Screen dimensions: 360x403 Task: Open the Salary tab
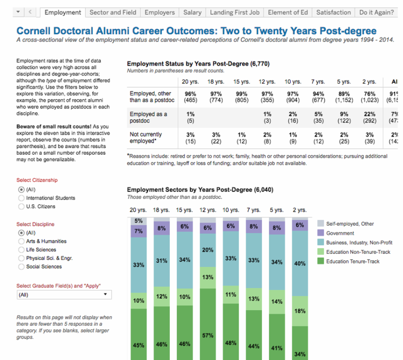point(192,12)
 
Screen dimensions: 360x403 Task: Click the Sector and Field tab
point(112,12)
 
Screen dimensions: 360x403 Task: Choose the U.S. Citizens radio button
point(21,206)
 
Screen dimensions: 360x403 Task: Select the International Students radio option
point(21,198)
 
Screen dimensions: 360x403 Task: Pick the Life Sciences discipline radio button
point(21,250)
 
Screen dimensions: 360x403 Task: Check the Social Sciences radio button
point(21,267)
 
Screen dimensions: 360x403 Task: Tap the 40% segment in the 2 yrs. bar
point(299,263)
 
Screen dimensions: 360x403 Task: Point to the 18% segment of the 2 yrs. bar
point(299,311)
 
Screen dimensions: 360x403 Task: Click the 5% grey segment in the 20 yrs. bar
point(138,221)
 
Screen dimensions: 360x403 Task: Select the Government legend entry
point(340,233)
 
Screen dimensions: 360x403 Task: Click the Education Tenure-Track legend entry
point(353,261)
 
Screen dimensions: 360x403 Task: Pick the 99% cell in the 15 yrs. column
point(242,94)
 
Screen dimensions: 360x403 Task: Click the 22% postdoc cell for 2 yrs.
point(369,114)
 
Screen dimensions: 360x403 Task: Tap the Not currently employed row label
point(146,138)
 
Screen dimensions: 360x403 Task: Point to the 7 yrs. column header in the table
point(317,82)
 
